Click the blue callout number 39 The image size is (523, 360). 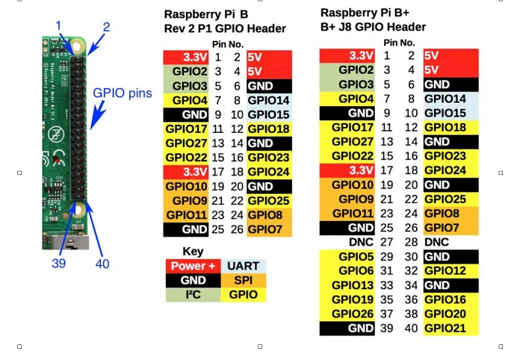coord(59,264)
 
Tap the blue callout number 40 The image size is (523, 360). coord(102,264)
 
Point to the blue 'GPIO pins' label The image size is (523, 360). coord(123,93)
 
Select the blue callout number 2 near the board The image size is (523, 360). coord(106,27)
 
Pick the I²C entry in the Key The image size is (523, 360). coord(193,294)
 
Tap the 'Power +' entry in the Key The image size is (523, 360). coord(193,266)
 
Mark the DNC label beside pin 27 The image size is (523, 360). coord(362,242)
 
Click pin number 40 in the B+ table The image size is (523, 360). coord(411,328)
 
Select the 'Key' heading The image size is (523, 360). coord(193,251)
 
